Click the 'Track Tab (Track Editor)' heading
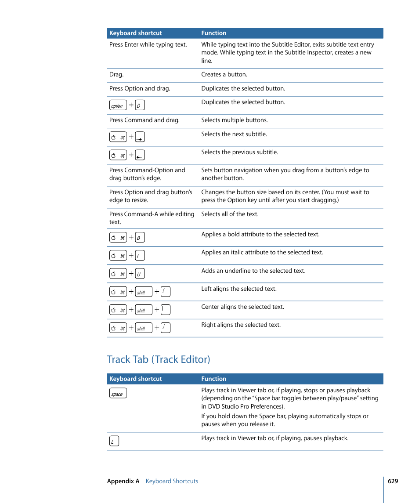click(159, 359)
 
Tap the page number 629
click(393, 481)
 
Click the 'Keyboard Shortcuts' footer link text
click(172, 481)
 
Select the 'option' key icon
click(118, 105)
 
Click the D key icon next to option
click(140, 105)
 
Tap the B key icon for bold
click(140, 238)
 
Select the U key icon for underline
click(140, 274)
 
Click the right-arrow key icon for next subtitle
click(140, 137)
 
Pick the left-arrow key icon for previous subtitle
click(140, 155)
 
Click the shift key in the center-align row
click(143, 310)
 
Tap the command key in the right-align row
click(118, 328)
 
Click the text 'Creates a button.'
click(224, 75)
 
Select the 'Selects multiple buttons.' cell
click(234, 120)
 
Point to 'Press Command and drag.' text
click(144, 120)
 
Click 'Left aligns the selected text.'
click(239, 289)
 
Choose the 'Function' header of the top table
click(214, 33)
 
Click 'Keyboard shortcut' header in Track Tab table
click(135, 379)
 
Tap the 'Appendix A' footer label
click(123, 481)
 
